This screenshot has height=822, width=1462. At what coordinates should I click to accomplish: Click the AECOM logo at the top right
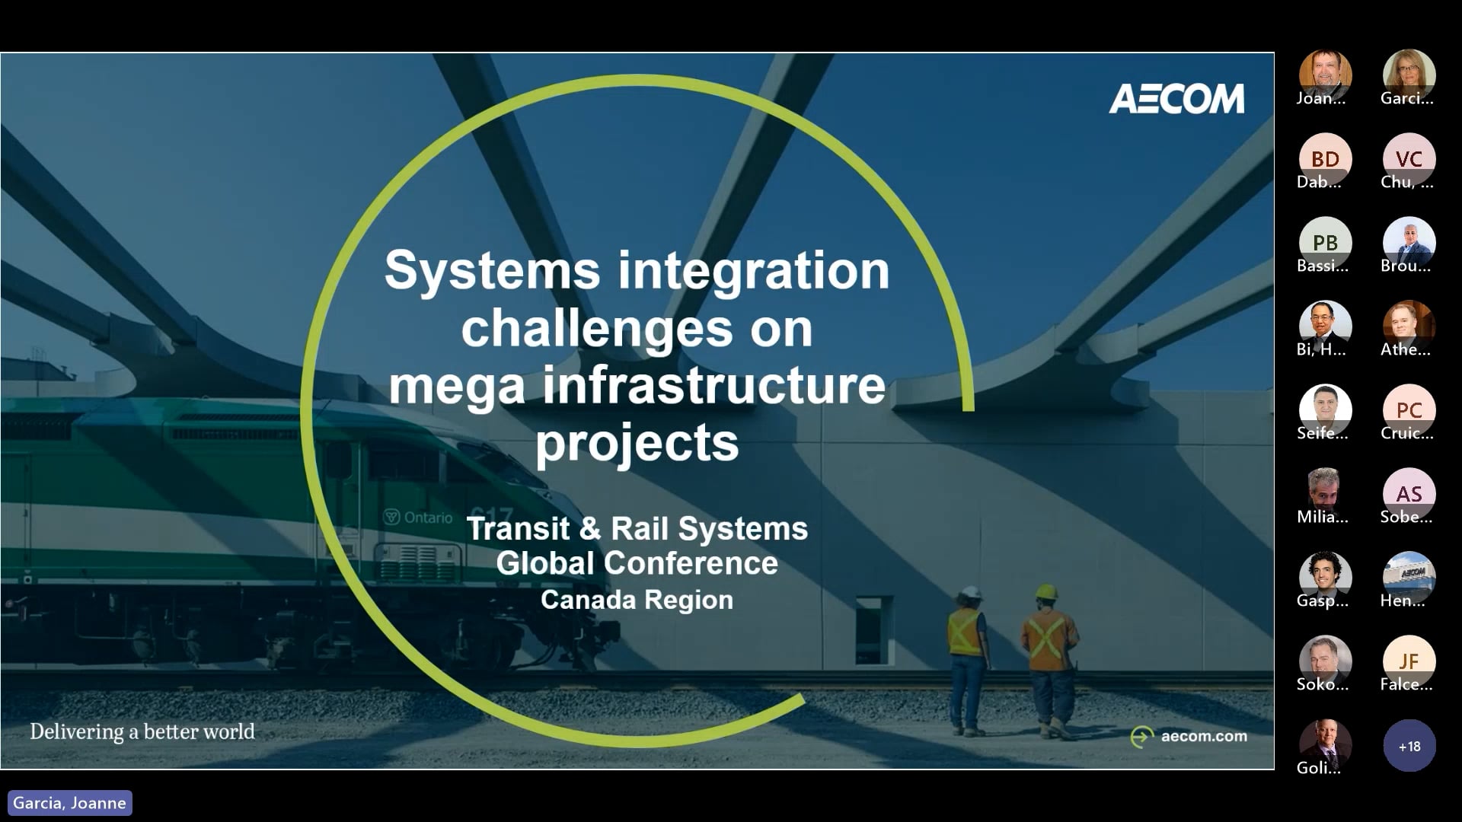1176,99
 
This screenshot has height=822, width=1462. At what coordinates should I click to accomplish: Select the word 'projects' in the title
637,442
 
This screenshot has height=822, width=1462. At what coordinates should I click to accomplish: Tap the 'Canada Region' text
637,600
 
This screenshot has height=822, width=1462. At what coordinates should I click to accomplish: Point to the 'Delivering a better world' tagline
142,732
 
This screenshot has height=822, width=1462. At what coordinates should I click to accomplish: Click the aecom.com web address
1204,736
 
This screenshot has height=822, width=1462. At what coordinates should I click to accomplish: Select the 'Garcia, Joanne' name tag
69,803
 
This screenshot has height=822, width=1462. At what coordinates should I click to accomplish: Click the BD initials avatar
1325,159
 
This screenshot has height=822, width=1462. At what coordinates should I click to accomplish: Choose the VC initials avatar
1409,159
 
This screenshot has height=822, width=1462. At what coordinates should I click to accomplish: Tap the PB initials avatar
1325,243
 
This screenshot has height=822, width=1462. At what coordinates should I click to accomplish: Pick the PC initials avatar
1409,410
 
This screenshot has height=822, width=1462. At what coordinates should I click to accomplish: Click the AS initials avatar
1409,494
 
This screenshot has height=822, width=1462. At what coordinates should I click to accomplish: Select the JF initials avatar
1409,661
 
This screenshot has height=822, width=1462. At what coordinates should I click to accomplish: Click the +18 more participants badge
1409,746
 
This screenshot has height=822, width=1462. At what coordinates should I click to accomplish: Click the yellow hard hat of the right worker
1047,591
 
